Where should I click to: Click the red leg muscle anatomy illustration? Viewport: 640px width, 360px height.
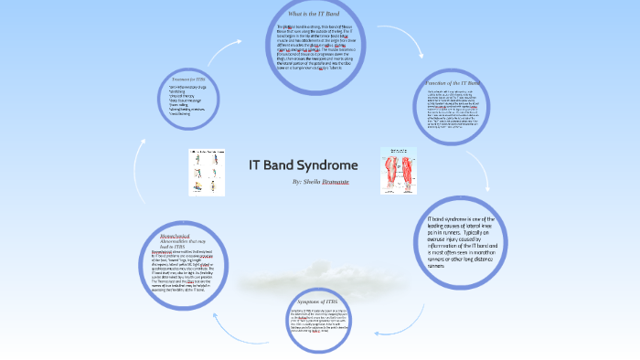pyautogui.click(x=392, y=170)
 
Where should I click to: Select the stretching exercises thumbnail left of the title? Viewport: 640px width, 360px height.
pyautogui.click(x=207, y=172)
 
